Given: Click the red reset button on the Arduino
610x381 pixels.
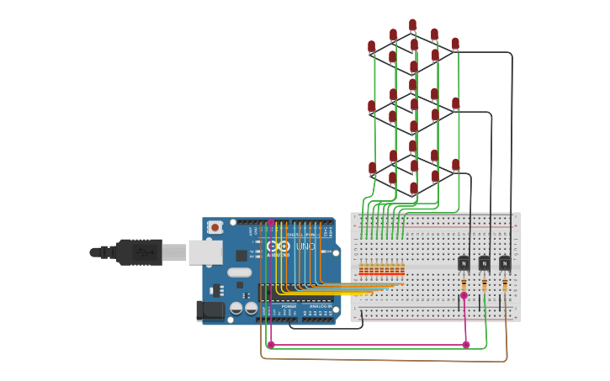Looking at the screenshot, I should [215, 227].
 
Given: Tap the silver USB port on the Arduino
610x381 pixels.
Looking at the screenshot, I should [205, 251].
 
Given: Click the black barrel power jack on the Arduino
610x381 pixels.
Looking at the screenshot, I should [210, 310].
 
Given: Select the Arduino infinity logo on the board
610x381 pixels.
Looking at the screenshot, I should [278, 246].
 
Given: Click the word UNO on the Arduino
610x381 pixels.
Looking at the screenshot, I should [305, 246].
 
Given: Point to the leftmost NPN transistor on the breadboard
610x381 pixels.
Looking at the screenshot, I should [464, 263].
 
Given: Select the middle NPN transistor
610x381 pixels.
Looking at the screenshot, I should [484, 263].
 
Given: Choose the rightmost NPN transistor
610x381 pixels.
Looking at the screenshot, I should [504, 263].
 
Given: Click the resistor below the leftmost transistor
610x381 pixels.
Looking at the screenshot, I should [464, 286].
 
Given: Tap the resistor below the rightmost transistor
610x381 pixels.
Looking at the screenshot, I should [505, 286].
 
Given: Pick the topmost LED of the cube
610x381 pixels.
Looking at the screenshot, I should [412, 25].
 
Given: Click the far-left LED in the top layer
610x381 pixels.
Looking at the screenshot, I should [371, 47].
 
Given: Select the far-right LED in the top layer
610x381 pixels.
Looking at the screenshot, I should [455, 44].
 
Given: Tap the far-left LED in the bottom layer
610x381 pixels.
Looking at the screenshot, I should [372, 168].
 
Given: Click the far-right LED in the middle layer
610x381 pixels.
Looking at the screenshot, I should [455, 103].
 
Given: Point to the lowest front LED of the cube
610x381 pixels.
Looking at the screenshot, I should [413, 188].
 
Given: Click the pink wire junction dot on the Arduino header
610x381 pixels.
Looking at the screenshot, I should [271, 222].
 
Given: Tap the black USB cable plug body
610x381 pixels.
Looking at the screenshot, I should [139, 251].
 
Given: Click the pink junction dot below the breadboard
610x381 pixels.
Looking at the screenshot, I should [465, 344].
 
